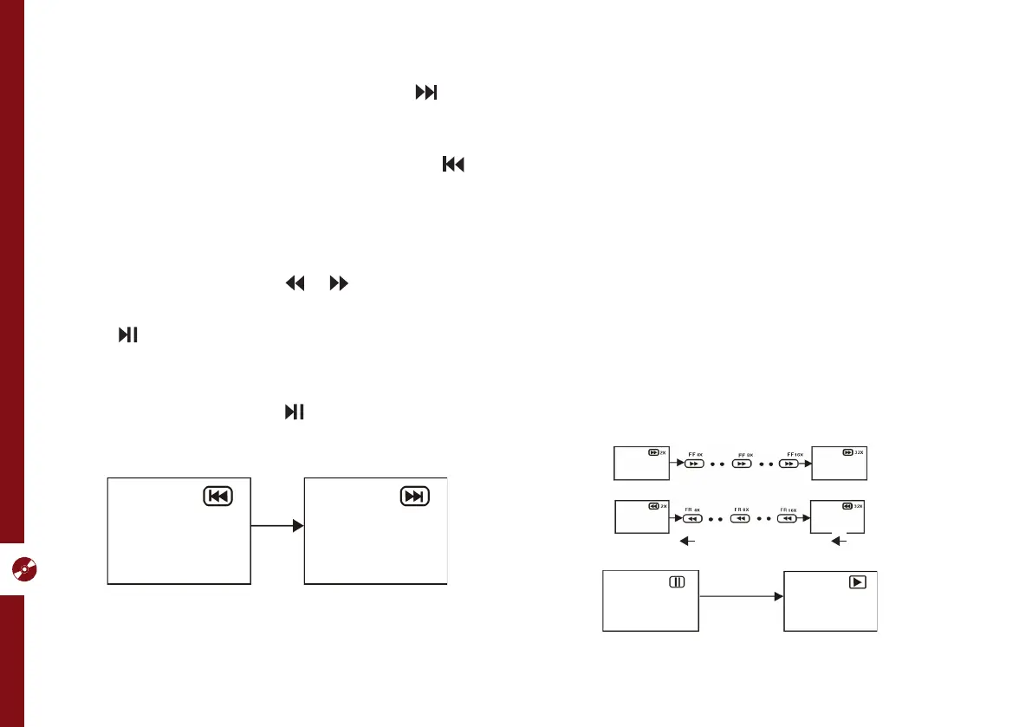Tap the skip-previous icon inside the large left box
click(217, 497)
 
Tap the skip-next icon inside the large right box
click(415, 497)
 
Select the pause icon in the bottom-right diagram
click(677, 582)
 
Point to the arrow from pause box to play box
click(741, 596)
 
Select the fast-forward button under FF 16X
click(789, 464)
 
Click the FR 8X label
click(740, 510)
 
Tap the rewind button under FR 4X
click(691, 519)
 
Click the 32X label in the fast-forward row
click(860, 452)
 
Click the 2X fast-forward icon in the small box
click(654, 452)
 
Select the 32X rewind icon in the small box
click(847, 506)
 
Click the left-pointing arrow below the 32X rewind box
click(840, 542)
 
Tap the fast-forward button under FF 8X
click(742, 464)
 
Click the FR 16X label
click(788, 510)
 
